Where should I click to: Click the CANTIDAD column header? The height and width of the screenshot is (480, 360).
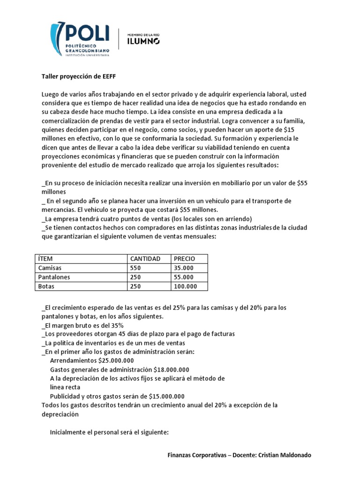point(145,259)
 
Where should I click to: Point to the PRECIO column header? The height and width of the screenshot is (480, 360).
point(184,259)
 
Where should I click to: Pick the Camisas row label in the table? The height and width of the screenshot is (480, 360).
point(49,268)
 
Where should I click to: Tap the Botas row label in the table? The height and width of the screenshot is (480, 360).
point(46,286)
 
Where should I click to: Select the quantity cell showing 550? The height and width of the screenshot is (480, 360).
point(136,268)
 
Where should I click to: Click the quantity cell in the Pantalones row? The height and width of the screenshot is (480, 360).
point(136,277)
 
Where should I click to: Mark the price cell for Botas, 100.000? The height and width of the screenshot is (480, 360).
point(186,286)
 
